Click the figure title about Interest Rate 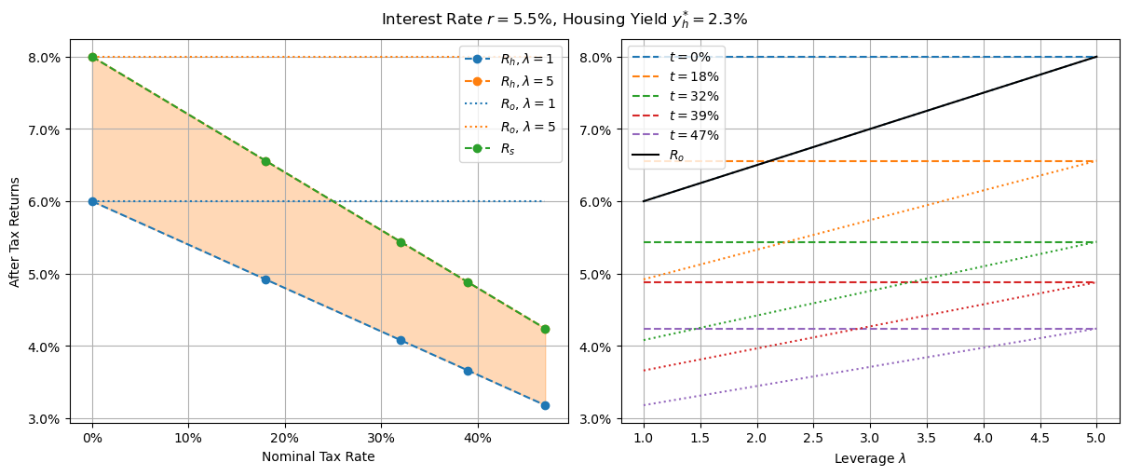click(564, 19)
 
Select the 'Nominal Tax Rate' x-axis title click(318, 456)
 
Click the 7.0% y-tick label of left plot click(43, 129)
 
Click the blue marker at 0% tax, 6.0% click(92, 201)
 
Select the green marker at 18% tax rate click(265, 161)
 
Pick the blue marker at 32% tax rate click(401, 340)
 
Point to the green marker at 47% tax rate click(545, 329)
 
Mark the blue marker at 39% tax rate click(468, 371)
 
